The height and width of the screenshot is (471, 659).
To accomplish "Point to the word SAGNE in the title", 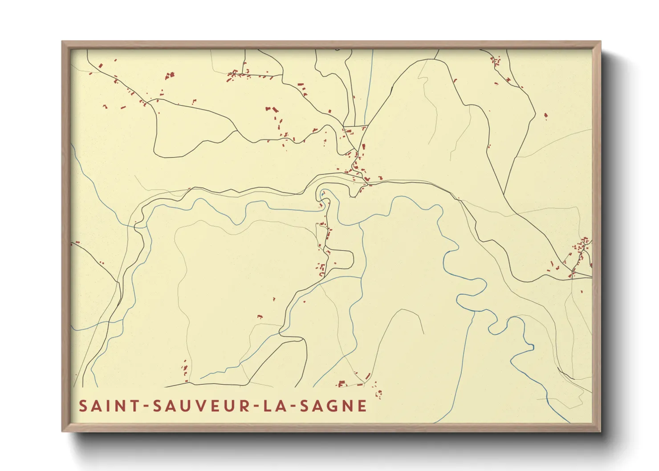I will pyautogui.click(x=333, y=406).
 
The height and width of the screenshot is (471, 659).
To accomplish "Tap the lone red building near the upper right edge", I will pyautogui.click(x=546, y=116).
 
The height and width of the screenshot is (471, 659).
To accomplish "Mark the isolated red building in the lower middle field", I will pyautogui.click(x=260, y=317).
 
